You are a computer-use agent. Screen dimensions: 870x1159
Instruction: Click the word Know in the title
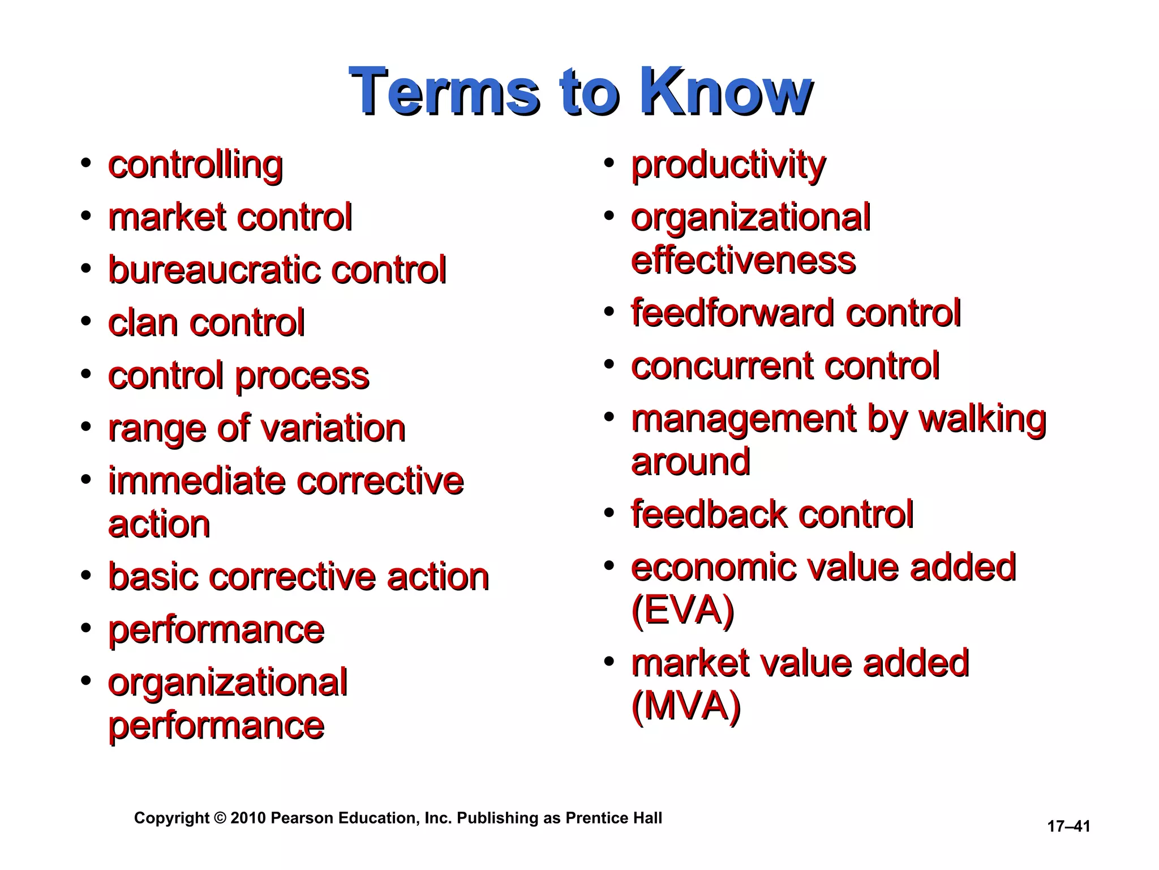pyautogui.click(x=726, y=92)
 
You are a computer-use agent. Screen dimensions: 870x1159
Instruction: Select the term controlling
pyautogui.click(x=195, y=165)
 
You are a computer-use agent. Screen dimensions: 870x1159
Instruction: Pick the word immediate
pyautogui.click(x=198, y=481)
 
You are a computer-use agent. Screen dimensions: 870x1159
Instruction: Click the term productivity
pyautogui.click(x=728, y=165)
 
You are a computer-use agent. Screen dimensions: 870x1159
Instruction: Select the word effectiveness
pyautogui.click(x=743, y=261)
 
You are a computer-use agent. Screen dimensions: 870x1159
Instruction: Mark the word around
pyautogui.click(x=690, y=462)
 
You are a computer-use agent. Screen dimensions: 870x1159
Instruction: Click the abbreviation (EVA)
pyautogui.click(x=682, y=611)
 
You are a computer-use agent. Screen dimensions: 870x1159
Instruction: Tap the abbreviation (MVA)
pyautogui.click(x=686, y=706)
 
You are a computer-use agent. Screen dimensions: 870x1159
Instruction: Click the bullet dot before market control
pyautogui.click(x=86, y=216)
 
